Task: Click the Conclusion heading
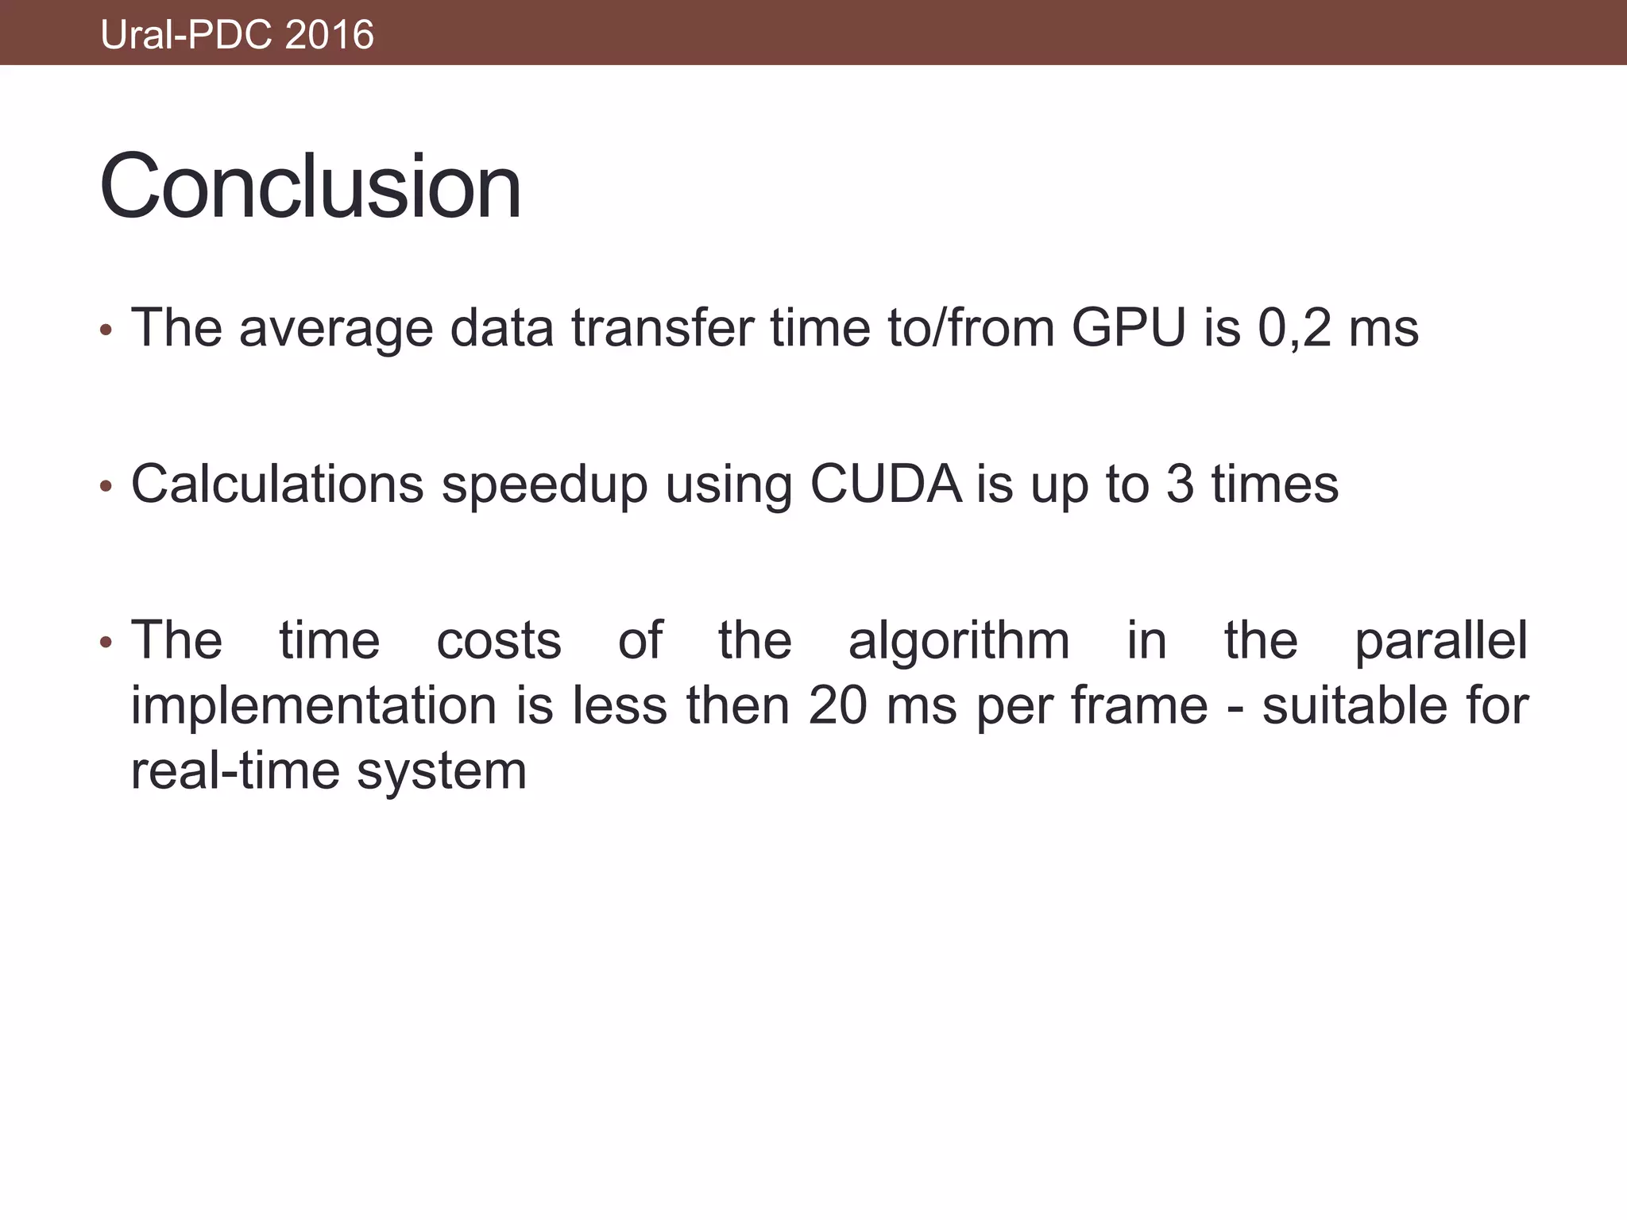[310, 187]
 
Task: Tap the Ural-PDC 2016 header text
[237, 35]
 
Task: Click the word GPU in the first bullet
[1128, 327]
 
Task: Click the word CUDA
[886, 484]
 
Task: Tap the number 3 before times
[1180, 484]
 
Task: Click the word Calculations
[277, 484]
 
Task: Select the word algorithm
[959, 642]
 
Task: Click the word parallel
[1440, 642]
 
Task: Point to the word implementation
[314, 706]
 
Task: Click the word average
[336, 329]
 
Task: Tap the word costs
[499, 641]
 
